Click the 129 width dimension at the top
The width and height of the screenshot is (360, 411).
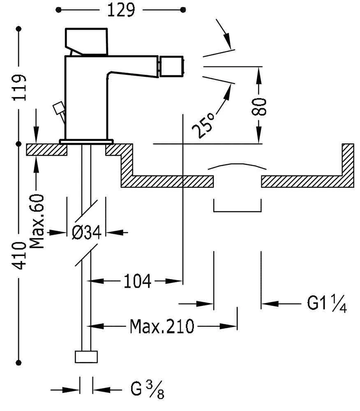tap(121, 10)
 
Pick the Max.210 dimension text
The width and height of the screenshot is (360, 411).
tap(162, 327)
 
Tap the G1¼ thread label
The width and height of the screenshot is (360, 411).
tap(327, 305)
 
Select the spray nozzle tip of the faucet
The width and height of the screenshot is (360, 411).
tap(173, 67)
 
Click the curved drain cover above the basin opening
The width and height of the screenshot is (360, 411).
tap(237, 166)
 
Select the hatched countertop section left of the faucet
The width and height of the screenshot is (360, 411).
tap(46, 149)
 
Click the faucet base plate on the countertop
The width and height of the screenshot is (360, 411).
tap(86, 141)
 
